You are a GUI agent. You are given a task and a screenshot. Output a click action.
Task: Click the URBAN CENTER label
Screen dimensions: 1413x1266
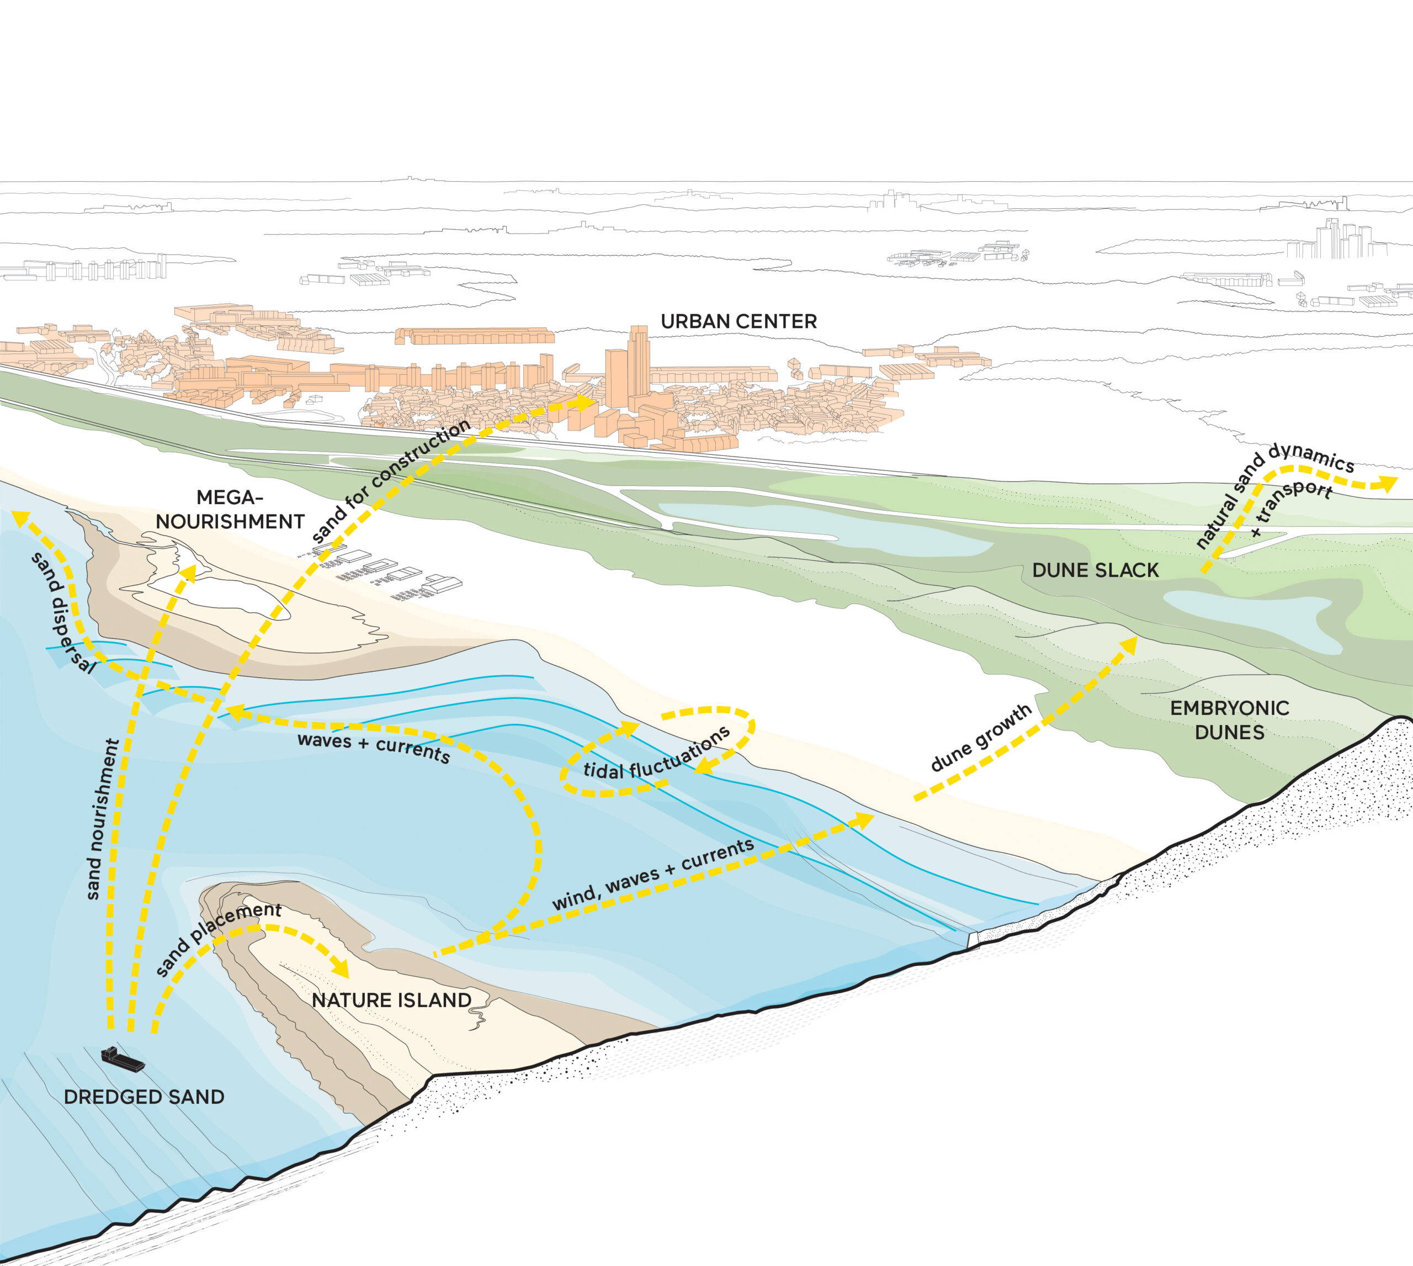pyautogui.click(x=739, y=321)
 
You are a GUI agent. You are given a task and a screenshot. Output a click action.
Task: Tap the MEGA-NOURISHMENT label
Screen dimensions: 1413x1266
pyautogui.click(x=230, y=509)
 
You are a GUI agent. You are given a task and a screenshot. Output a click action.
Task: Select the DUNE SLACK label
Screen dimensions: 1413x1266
pyautogui.click(x=1095, y=570)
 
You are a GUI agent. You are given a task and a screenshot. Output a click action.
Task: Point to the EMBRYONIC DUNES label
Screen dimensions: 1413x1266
pyautogui.click(x=1229, y=720)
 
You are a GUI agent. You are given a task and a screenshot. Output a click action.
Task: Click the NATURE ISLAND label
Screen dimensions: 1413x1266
pyautogui.click(x=391, y=1000)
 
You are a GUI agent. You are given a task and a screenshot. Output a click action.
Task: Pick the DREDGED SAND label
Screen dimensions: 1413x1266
pyautogui.click(x=144, y=1097)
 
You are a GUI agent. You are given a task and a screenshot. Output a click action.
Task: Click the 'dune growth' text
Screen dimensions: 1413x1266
pyautogui.click(x=980, y=737)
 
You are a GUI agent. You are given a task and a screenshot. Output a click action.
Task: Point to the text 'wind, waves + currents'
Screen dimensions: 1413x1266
pyautogui.click(x=653, y=873)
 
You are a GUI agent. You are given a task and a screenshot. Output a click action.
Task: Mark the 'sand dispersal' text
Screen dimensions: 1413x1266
pyautogui.click(x=61, y=613)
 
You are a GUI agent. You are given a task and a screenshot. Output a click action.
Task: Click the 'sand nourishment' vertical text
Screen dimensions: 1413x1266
pyautogui.click(x=102, y=819)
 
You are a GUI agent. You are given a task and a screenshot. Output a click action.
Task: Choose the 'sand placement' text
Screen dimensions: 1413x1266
pyautogui.click(x=217, y=939)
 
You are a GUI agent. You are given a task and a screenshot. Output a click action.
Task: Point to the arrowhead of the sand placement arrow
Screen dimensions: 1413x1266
pyautogui.click(x=340, y=967)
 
